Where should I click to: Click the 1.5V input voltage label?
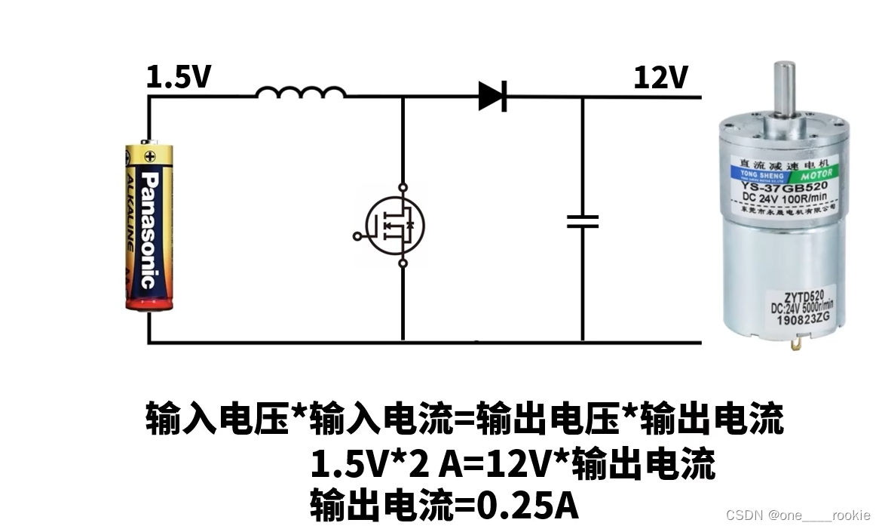[x=179, y=78]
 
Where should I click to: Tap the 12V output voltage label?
[x=660, y=78]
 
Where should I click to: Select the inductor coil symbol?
[x=300, y=93]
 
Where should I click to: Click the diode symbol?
[x=492, y=96]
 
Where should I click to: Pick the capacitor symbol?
[x=583, y=221]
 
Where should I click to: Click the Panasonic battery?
[x=149, y=226]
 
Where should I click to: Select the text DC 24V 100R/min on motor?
[x=784, y=198]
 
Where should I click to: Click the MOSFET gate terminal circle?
[x=357, y=236]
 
